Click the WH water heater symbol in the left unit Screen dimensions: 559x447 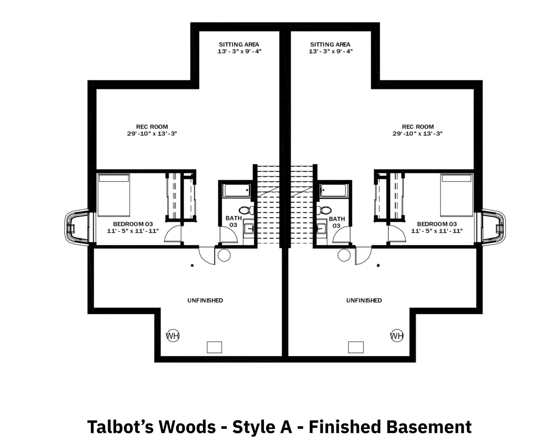point(173,336)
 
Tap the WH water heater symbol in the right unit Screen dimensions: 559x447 point(397,336)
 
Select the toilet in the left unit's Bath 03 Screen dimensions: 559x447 point(246,210)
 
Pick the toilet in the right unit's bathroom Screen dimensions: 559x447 point(324,210)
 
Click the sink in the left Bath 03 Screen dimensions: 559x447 point(249,228)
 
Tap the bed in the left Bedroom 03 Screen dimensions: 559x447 point(114,195)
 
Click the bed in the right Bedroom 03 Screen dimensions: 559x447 point(456,195)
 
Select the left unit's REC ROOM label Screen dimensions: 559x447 point(152,127)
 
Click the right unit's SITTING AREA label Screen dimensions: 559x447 point(330,44)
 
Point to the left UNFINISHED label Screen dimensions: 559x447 point(205,300)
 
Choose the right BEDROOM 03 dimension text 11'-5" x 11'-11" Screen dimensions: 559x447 point(437,231)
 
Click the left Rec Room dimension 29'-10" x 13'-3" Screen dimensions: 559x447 point(152,134)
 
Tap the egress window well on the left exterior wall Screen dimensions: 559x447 point(77,227)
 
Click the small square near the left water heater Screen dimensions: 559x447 point(214,347)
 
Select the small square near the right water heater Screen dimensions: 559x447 point(356,347)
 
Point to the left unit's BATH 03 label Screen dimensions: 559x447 point(234,222)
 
